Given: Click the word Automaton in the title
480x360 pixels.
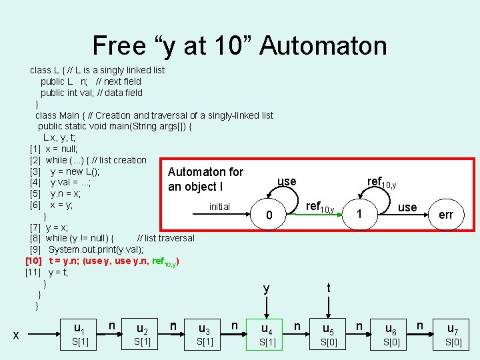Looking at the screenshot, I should (323, 45).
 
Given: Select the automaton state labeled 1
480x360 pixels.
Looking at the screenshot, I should (359, 214).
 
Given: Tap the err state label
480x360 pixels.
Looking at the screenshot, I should (446, 214).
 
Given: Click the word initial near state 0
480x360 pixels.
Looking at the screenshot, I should (219, 207).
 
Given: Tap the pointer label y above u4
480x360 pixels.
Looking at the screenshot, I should (266, 289).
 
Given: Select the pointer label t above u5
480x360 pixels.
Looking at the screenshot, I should (328, 288).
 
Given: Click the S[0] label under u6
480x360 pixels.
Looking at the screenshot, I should (391, 343).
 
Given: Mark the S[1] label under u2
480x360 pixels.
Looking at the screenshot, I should (141, 343).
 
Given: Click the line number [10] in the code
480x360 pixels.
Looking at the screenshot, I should (34, 261).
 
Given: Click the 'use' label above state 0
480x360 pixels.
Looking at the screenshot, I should (287, 181).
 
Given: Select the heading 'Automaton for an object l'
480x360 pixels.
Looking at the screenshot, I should (205, 179).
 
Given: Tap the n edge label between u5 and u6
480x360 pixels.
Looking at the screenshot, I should (359, 325).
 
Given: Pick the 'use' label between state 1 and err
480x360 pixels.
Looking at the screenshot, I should (407, 207).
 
